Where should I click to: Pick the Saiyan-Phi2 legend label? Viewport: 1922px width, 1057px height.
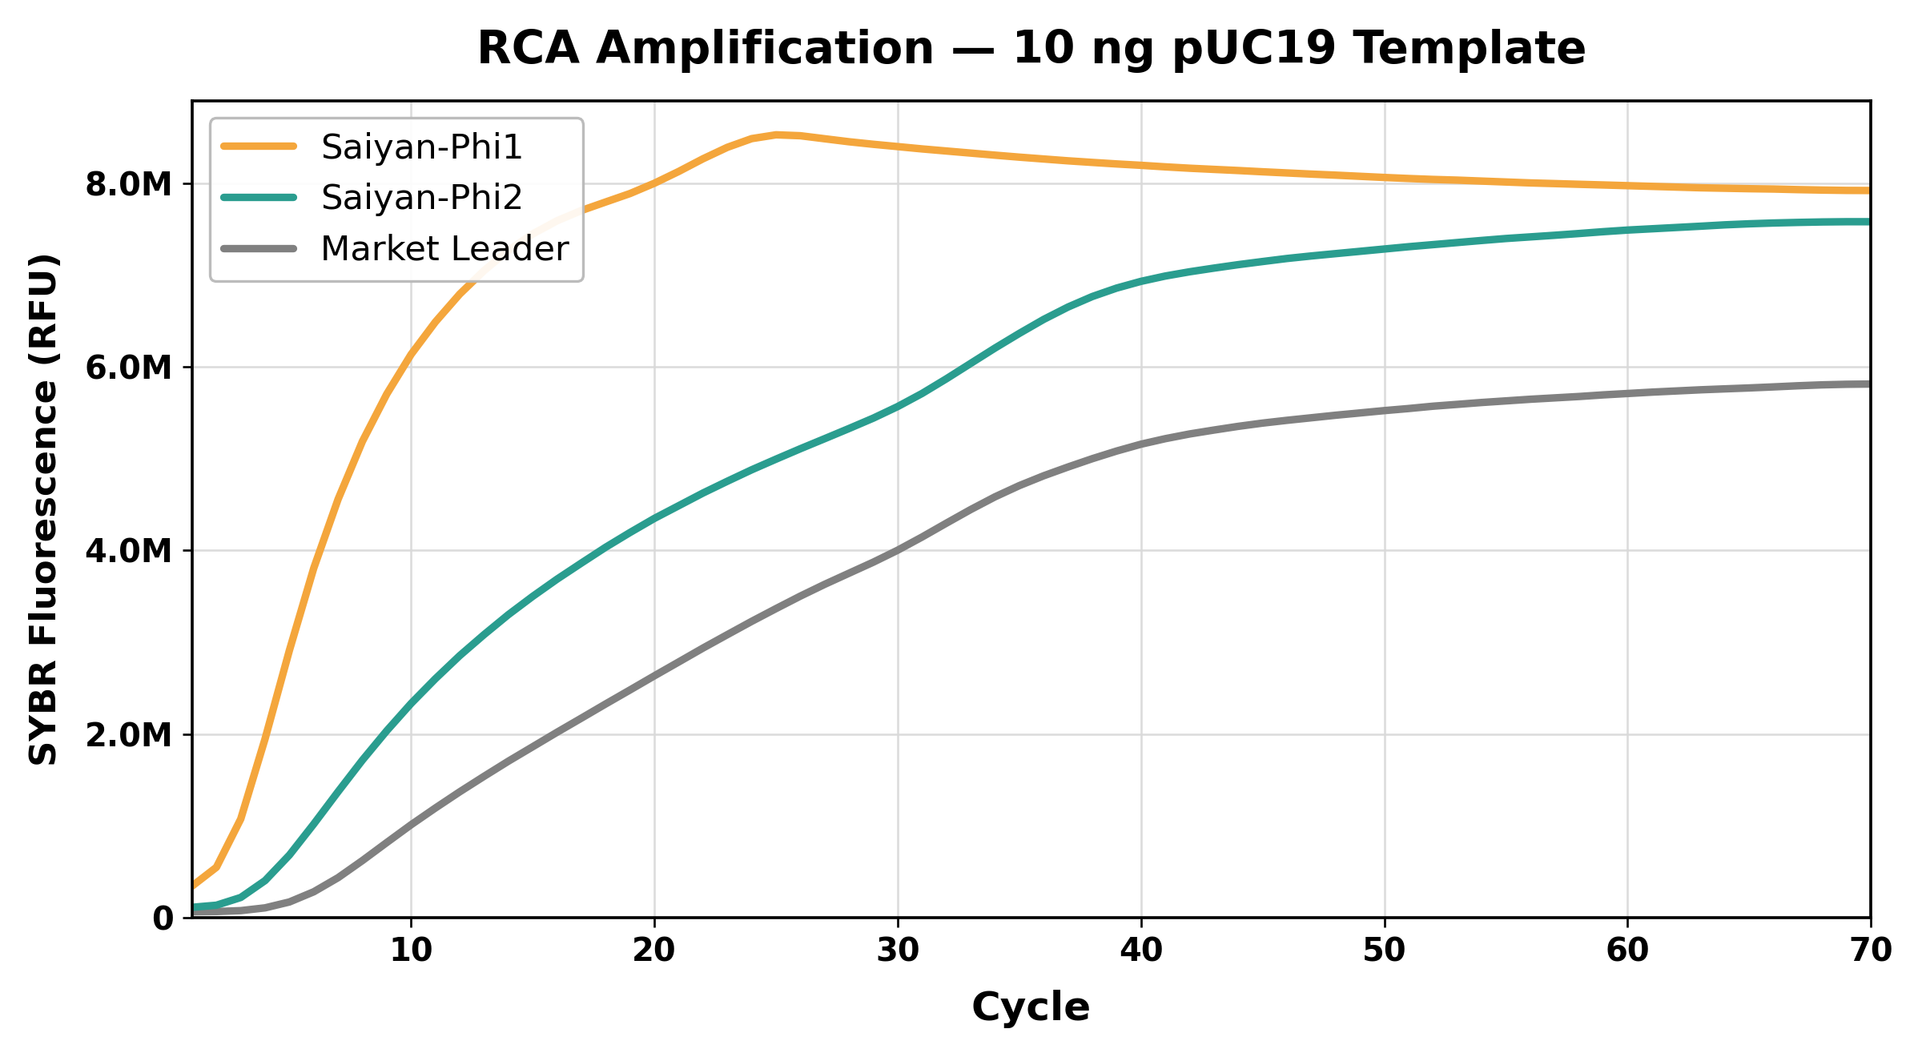421,197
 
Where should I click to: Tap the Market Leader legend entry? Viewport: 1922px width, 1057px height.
444,249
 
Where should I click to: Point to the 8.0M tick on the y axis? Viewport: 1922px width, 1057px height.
128,184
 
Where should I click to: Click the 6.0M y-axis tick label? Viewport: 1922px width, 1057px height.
128,368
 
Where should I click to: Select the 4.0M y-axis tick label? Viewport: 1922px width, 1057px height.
128,551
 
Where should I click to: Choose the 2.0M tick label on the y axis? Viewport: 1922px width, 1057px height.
128,734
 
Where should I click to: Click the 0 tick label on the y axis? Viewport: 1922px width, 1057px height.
163,918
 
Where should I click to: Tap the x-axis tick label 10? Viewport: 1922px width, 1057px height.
411,950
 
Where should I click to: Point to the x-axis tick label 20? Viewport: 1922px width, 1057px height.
654,950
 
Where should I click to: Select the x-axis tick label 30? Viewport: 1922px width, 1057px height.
898,950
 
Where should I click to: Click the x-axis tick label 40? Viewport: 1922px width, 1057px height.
1141,950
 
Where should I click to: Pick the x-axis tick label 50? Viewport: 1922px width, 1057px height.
1385,950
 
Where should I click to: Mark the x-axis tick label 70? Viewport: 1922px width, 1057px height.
1872,950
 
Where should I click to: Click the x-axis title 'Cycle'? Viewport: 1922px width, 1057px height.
1031,1007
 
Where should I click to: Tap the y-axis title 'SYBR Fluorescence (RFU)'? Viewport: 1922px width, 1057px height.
43,509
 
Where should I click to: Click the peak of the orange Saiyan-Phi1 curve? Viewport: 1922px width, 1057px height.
776,135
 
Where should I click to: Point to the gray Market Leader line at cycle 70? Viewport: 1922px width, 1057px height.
1870,384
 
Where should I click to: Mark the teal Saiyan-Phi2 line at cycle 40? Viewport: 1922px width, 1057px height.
1141,281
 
